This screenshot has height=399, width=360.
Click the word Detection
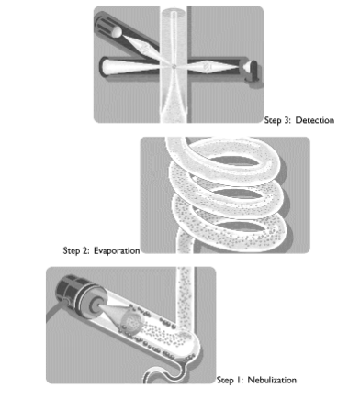coord(315,120)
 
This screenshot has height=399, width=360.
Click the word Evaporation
coord(117,251)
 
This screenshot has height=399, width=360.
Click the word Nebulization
coord(272,380)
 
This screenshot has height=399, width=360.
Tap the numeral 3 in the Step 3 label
coord(287,120)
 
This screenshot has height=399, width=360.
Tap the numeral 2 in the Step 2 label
coord(85,251)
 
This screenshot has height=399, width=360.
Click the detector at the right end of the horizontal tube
coord(252,71)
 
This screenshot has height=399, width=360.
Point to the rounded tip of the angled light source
coord(118,32)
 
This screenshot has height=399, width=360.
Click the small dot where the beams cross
coord(174,66)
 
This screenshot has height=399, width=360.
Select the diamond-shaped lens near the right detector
coord(208,66)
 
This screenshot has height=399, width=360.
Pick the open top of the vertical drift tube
coord(174,13)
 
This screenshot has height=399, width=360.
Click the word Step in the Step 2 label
coord(72,251)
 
